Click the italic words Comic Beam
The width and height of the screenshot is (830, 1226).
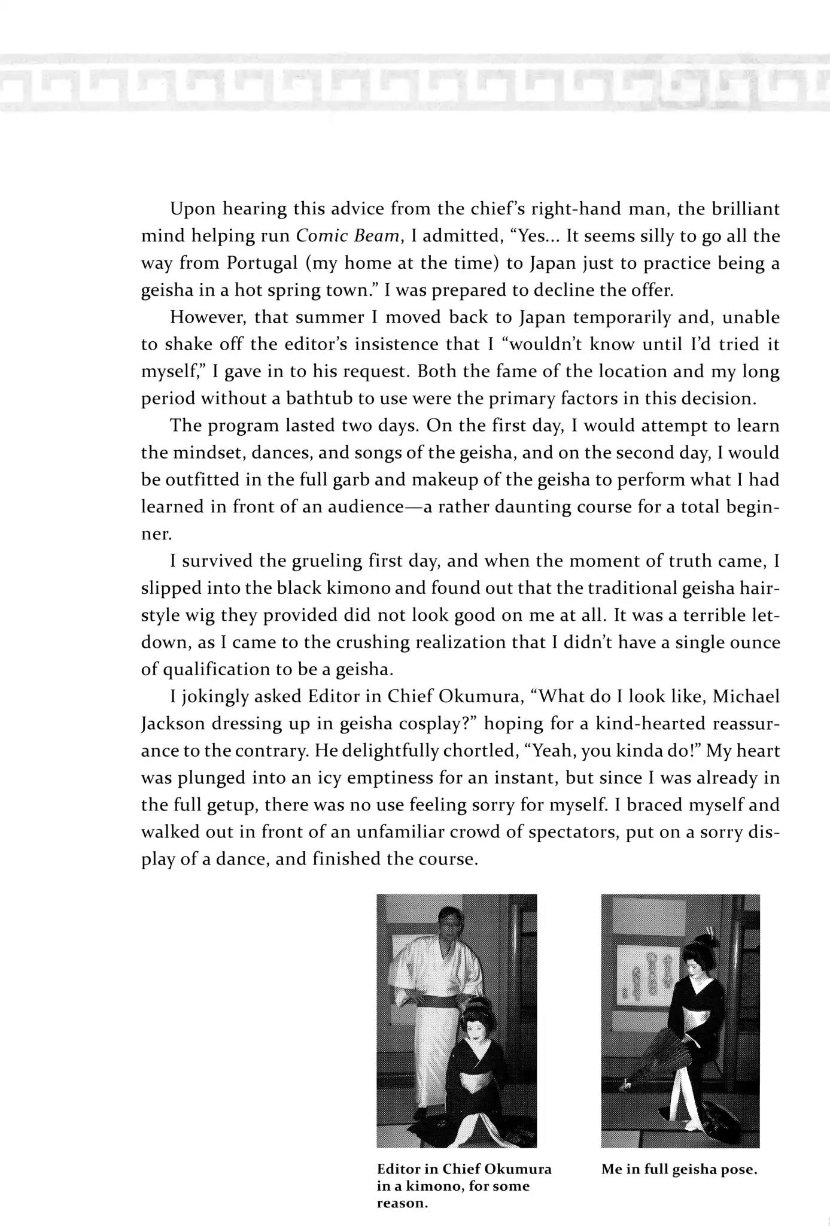click(348, 236)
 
